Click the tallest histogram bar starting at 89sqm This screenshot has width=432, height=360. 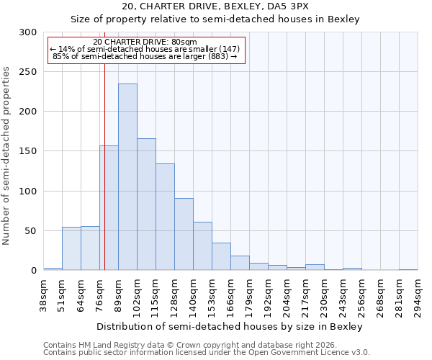click(x=127, y=177)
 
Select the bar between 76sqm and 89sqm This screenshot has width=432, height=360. click(x=109, y=208)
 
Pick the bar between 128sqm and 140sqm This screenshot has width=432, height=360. click(x=184, y=234)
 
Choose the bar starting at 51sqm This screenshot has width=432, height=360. click(x=71, y=248)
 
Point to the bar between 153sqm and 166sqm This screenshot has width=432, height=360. click(x=221, y=256)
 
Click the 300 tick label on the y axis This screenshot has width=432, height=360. click(x=27, y=32)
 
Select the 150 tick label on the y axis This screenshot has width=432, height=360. click(x=27, y=151)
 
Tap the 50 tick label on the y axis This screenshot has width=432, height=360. click(x=30, y=231)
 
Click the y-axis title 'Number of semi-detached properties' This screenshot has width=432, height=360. click(x=7, y=156)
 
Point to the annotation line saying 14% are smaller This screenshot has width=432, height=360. click(x=146, y=49)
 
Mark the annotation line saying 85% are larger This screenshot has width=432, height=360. click(x=146, y=56)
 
